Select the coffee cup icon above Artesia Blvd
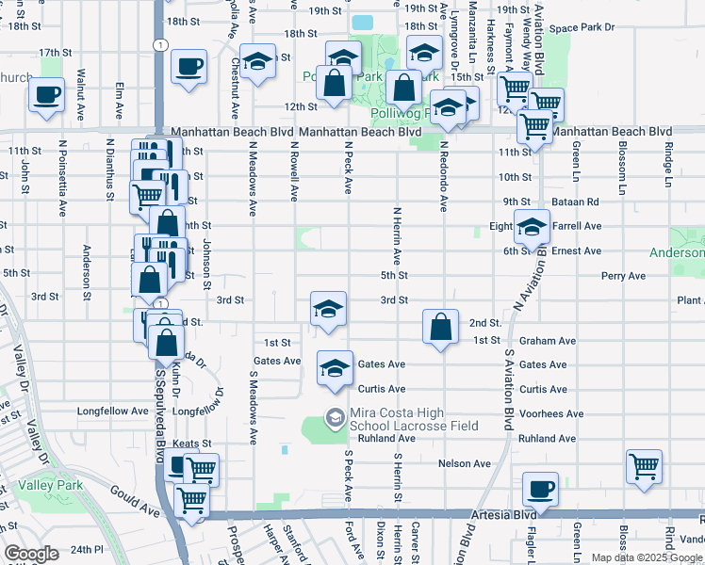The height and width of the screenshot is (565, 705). tap(540, 490)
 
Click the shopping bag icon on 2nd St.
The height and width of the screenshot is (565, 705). tap(441, 328)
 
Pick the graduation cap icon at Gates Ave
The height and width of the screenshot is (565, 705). tap(334, 368)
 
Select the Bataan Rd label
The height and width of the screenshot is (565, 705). tap(577, 202)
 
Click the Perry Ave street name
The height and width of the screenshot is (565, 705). tap(624, 276)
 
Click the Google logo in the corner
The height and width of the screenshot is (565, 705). tap(31, 553)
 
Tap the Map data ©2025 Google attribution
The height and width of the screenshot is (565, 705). tap(647, 557)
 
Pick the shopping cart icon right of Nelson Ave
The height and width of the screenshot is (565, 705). tap(644, 466)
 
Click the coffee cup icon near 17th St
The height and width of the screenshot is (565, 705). tap(189, 67)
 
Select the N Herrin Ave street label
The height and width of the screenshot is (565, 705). tap(397, 236)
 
